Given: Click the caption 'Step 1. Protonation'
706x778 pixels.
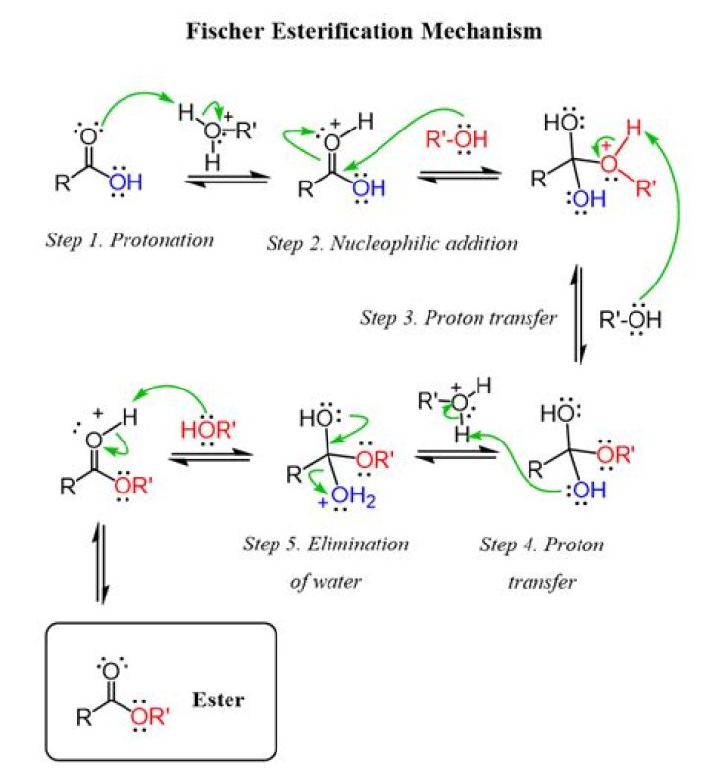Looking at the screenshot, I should pyautogui.click(x=128, y=239).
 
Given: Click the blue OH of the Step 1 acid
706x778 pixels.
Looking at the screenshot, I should pyautogui.click(x=122, y=181).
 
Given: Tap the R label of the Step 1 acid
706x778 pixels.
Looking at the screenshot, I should pyautogui.click(x=62, y=180).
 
